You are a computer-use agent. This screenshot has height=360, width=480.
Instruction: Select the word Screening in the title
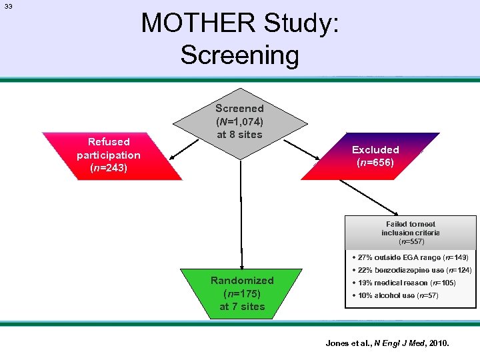pos(239,55)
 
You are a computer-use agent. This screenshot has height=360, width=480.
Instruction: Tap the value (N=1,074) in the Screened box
pos(239,121)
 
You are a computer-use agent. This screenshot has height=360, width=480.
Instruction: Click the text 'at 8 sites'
pos(239,135)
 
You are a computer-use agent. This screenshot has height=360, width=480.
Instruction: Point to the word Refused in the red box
pos(109,141)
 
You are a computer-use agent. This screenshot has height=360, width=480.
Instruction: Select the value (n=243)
pos(109,168)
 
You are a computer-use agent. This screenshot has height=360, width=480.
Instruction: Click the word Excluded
pos(375,150)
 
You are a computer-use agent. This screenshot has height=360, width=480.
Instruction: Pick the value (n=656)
pos(375,163)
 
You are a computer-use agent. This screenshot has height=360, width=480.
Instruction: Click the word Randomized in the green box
pos(242,281)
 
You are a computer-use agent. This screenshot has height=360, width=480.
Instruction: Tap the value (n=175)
pos(242,293)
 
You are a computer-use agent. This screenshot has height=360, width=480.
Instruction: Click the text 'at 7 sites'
pos(242,307)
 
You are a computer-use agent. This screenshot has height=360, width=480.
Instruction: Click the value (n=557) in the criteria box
pos(411,242)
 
